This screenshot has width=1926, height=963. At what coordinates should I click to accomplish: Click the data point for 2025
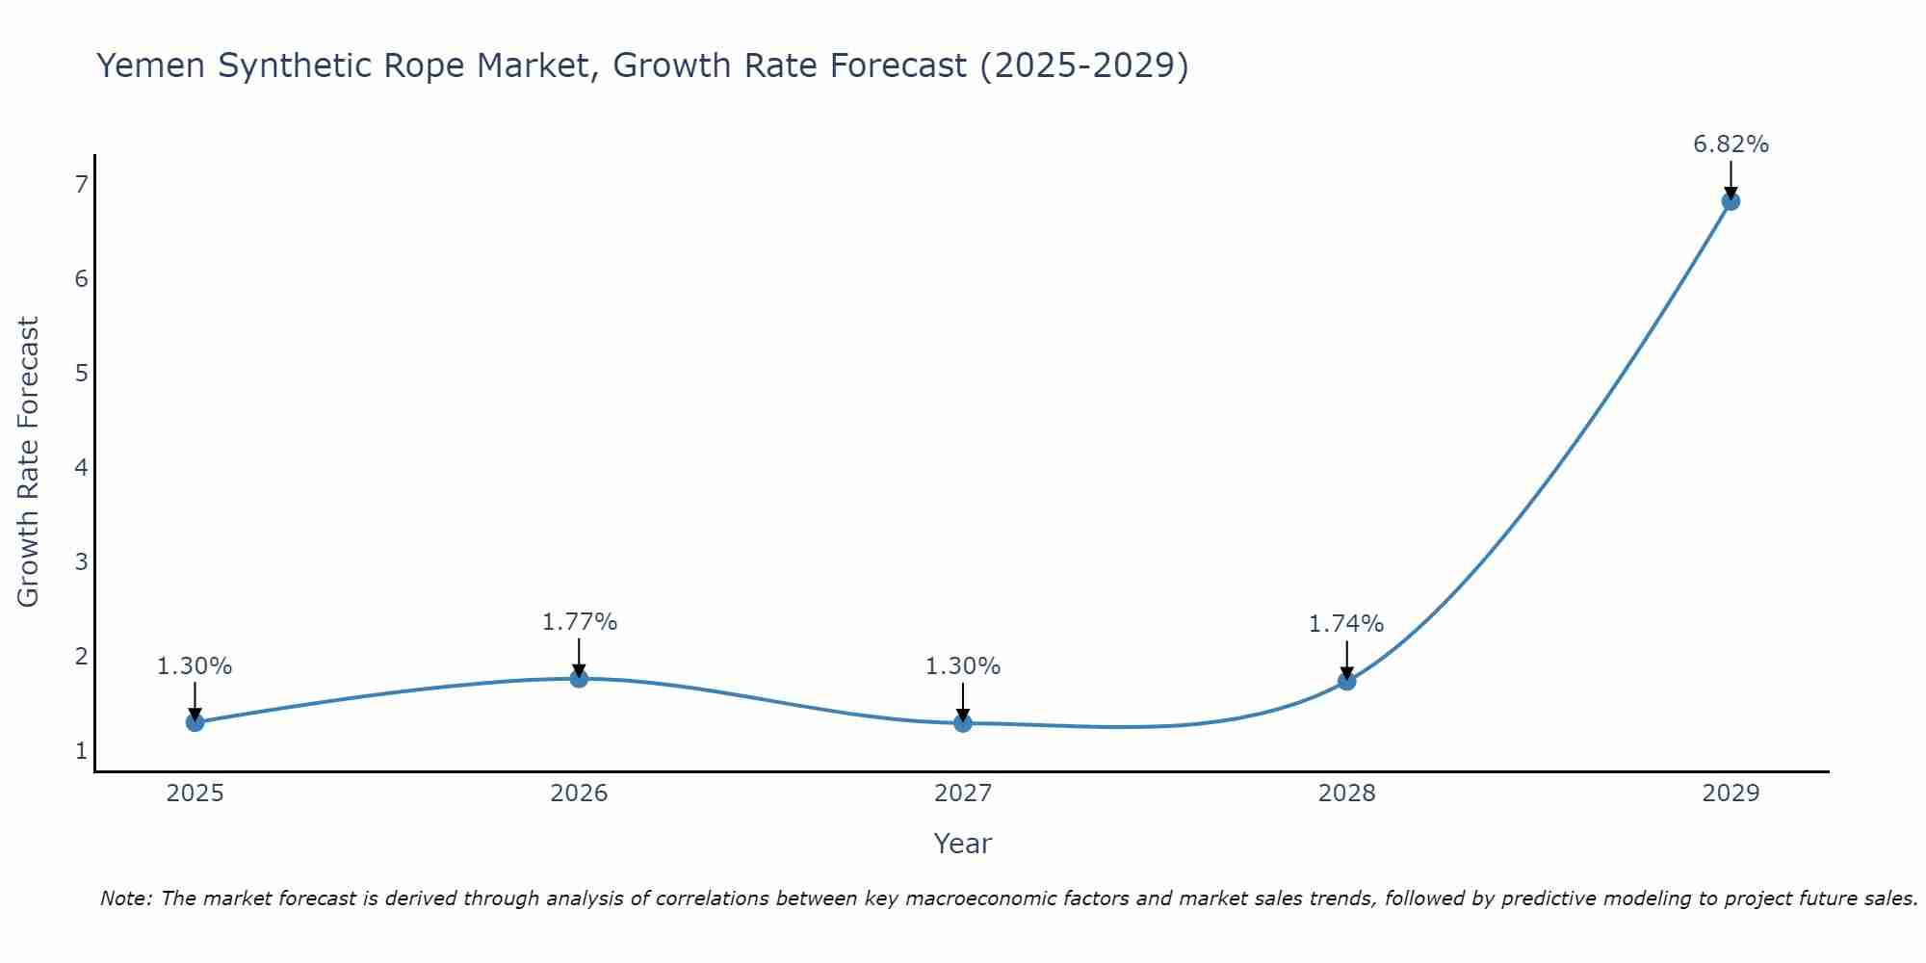[x=195, y=722]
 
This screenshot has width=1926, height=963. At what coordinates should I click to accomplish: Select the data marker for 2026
[x=579, y=679]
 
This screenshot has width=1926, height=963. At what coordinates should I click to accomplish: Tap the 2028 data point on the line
[x=1346, y=681]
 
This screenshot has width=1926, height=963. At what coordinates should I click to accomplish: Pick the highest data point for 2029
[x=1731, y=201]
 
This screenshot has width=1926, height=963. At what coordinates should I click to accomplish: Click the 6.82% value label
[x=1731, y=144]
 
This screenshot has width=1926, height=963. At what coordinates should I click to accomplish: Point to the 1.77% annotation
[x=579, y=622]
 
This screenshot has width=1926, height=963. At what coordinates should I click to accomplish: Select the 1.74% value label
[x=1345, y=624]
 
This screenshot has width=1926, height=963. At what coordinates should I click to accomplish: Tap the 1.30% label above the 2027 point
[x=963, y=665]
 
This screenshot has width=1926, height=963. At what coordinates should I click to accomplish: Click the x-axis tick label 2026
[x=579, y=794]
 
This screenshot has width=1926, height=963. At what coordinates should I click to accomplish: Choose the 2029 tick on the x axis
[x=1731, y=794]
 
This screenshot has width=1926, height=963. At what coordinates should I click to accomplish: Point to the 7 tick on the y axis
[x=81, y=184]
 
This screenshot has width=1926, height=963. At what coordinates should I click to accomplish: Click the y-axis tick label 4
[x=81, y=467]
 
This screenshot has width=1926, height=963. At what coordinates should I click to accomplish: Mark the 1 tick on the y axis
[x=81, y=750]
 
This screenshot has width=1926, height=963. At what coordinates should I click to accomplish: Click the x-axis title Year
[x=962, y=844]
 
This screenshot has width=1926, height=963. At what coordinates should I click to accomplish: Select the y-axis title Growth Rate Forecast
[x=29, y=462]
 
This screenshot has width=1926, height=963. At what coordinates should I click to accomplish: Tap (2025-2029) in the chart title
[x=1084, y=65]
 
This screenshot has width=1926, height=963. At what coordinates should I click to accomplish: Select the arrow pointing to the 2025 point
[x=195, y=701]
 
